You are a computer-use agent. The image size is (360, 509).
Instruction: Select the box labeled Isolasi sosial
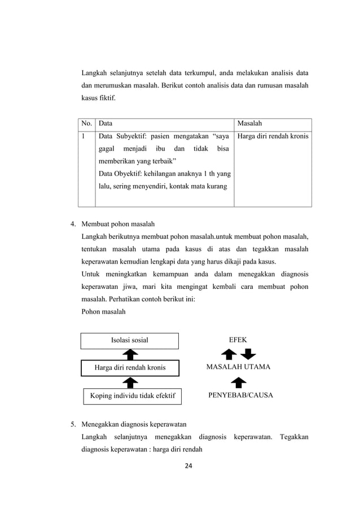[x=130, y=340]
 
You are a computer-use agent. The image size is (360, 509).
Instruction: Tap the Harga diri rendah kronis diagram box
[x=130, y=368]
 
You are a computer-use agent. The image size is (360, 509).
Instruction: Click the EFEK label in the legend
[x=237, y=340]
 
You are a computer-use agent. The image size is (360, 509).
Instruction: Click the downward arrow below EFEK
[x=248, y=354]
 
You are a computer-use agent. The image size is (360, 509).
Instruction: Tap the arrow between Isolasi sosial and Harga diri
[x=130, y=354]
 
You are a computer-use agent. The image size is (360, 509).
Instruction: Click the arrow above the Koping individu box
[x=130, y=382]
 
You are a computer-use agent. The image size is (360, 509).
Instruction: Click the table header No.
[x=86, y=122]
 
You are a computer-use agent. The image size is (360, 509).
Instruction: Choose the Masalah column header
[x=249, y=122]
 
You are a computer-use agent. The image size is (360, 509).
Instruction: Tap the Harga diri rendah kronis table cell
[x=273, y=136]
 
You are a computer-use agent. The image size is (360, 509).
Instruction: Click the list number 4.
[x=73, y=222]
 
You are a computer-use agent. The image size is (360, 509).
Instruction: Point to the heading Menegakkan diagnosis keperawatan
[x=134, y=424]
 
